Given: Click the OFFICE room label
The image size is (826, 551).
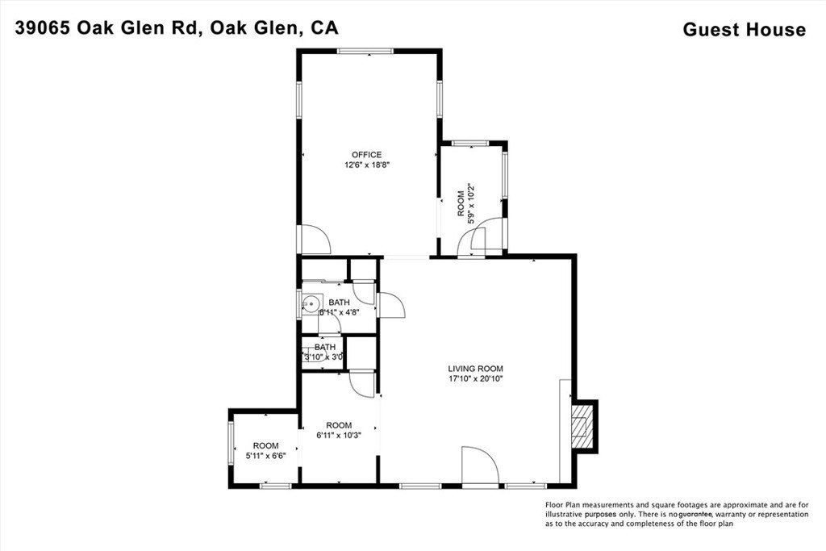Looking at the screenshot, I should click(x=366, y=155).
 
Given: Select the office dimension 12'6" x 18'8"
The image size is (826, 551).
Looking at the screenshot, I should click(x=366, y=165).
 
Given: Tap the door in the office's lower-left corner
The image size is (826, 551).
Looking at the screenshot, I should click(x=312, y=239).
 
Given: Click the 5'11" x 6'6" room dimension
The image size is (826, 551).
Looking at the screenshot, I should click(x=265, y=456).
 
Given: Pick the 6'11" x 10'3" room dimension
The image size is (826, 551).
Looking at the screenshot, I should click(x=339, y=436).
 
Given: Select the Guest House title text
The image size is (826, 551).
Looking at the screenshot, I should click(x=744, y=30).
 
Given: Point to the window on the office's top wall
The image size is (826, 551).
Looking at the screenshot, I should click(x=370, y=52).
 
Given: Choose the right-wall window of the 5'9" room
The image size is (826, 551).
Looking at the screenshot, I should click(x=505, y=176).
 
